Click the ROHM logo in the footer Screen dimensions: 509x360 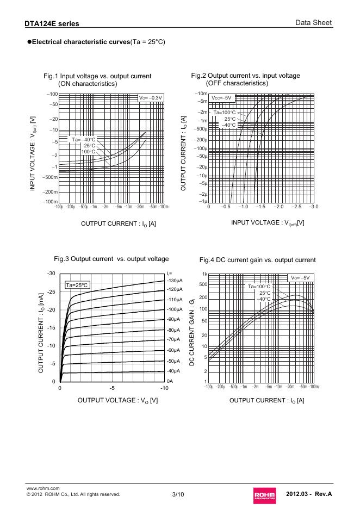pyautogui.click(x=264, y=494)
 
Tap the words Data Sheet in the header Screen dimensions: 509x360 pyautogui.click(x=314, y=23)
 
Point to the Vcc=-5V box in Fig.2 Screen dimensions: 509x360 pyautogui.click(x=221, y=98)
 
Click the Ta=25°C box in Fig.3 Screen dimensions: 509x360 pyautogui.click(x=77, y=285)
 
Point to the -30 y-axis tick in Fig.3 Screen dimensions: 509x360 pyautogui.click(x=51, y=273)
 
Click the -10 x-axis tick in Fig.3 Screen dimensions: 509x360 pyautogui.click(x=164, y=389)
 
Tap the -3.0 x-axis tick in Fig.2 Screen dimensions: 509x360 pyautogui.click(x=313, y=207)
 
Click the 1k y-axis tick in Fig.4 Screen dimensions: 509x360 pyautogui.click(x=204, y=274)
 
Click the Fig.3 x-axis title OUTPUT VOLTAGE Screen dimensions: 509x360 pyautogui.click(x=118, y=401)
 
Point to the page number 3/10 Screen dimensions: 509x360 pyautogui.click(x=178, y=494)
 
